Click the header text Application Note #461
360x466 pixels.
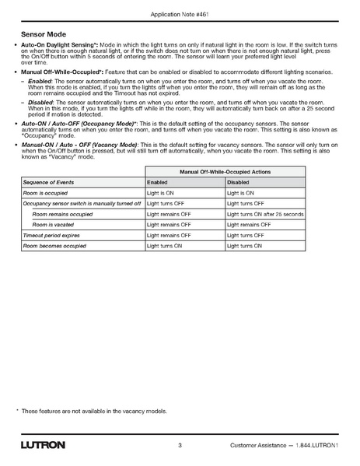pyautogui.click(x=180, y=15)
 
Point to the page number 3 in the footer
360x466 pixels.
pyautogui.click(x=180, y=446)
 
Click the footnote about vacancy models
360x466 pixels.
pyautogui.click(x=94, y=410)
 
